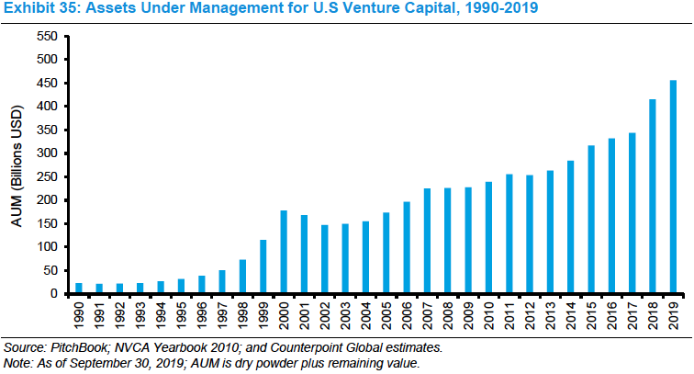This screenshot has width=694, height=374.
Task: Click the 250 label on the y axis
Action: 45,177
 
